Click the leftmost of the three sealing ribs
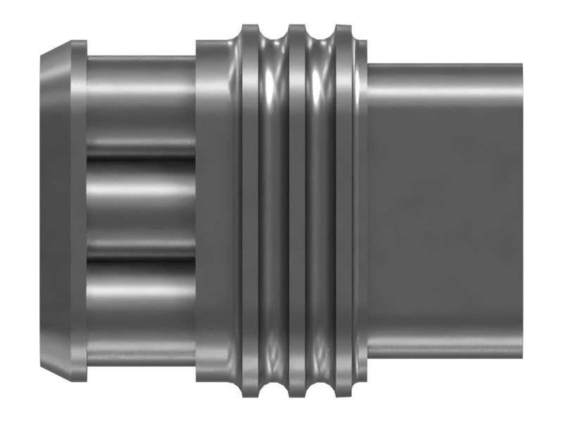point(251,211)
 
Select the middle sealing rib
point(297,211)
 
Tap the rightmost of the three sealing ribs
point(344,211)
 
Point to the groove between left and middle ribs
point(274,211)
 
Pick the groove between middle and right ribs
point(321,211)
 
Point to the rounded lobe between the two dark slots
point(141,211)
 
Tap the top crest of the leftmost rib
point(251,30)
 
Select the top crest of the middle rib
point(297,30)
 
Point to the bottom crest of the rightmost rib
point(344,392)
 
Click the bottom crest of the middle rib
point(297,392)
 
